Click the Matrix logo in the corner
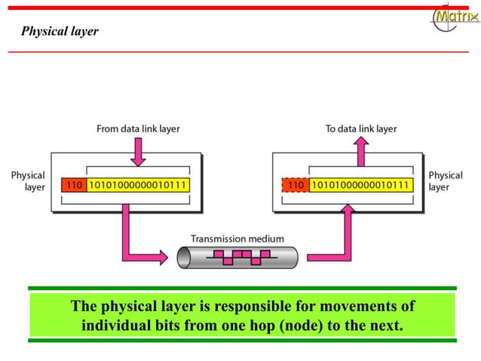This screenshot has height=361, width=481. point(455,17)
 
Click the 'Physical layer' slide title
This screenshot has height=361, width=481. point(60,32)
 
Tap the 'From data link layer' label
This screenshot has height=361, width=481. point(138,129)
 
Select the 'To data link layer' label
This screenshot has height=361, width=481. point(360,129)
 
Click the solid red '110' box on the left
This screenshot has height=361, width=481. point(73,184)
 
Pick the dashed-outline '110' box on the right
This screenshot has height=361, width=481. point(296,184)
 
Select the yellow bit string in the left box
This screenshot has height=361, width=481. point(138,184)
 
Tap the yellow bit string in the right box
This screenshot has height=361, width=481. point(360,184)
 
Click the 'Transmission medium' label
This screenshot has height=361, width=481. point(237,239)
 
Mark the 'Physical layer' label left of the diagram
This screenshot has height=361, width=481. point(28,181)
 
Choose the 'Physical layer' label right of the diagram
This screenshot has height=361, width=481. point(446,181)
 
